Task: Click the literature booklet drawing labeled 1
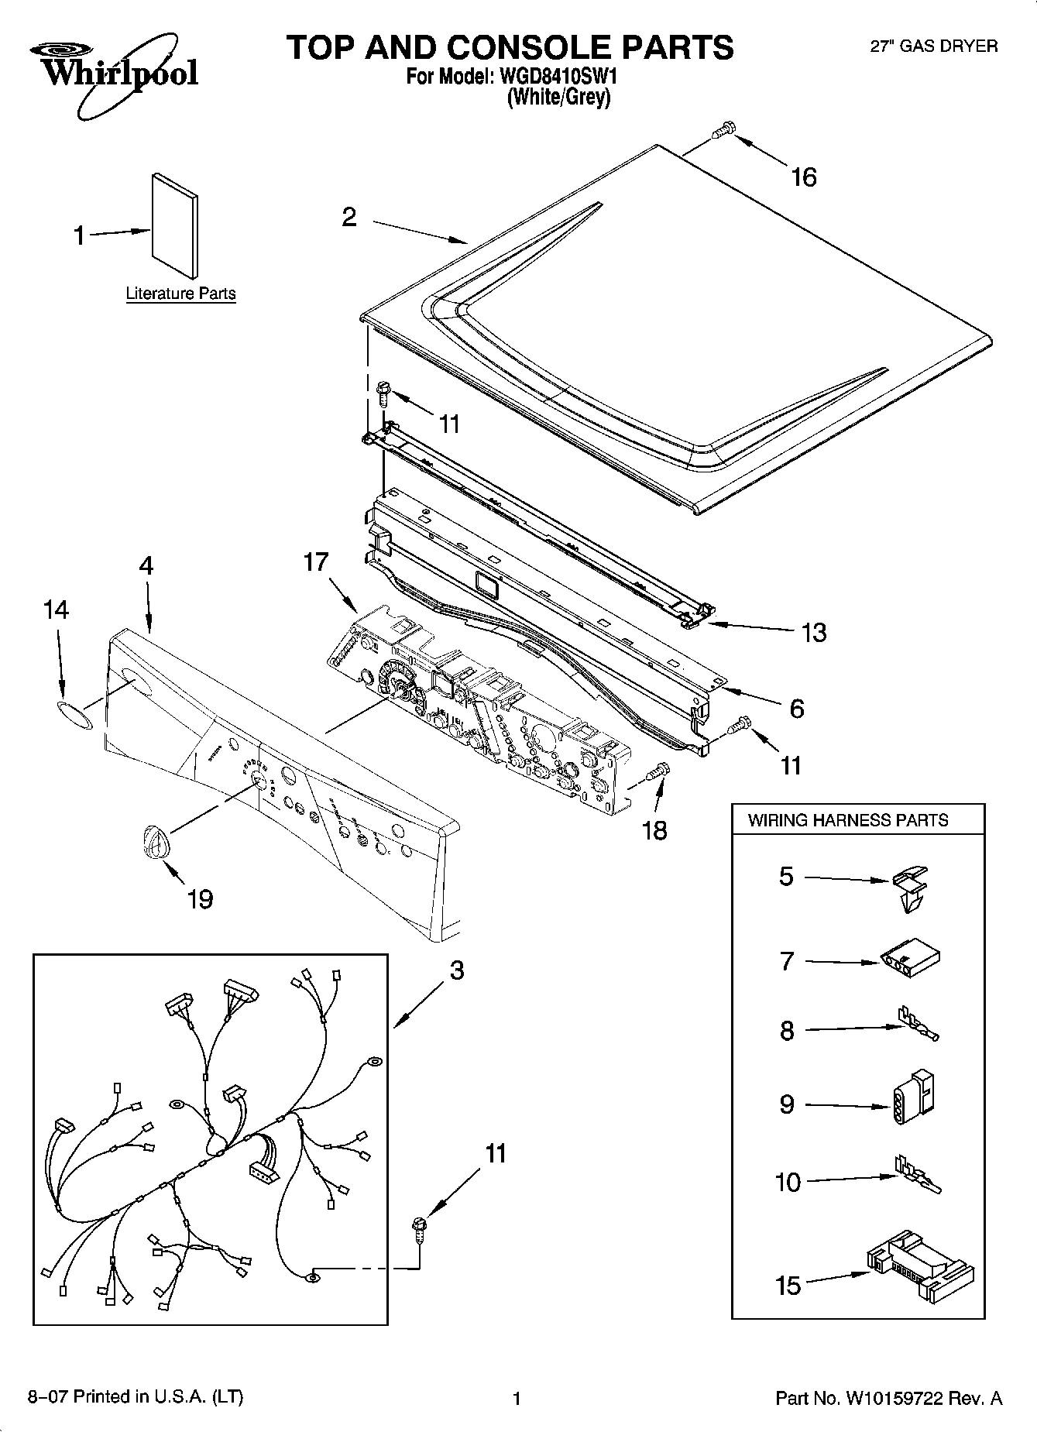pyautogui.click(x=173, y=225)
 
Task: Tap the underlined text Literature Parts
pyautogui.click(x=180, y=294)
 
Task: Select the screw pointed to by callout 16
pyautogui.click(x=722, y=131)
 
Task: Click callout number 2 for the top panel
pyautogui.click(x=349, y=218)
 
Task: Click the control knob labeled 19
pyautogui.click(x=154, y=841)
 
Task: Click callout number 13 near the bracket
pyautogui.click(x=814, y=633)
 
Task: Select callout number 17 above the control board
pyautogui.click(x=315, y=561)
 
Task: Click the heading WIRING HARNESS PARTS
pyautogui.click(x=847, y=820)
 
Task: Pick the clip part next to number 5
pyautogui.click(x=911, y=888)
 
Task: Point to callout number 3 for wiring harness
pyautogui.click(x=457, y=970)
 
